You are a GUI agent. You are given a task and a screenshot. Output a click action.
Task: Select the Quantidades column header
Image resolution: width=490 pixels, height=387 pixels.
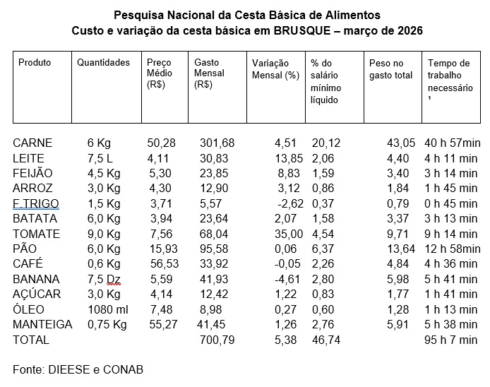click(x=103, y=63)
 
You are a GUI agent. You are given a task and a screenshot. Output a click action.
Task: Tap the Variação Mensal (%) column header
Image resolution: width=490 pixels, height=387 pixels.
click(x=275, y=68)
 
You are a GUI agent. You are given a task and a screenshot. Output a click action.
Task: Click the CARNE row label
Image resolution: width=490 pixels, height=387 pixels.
click(x=32, y=143)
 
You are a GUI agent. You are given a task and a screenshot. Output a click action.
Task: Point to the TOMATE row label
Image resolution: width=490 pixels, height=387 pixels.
click(x=37, y=234)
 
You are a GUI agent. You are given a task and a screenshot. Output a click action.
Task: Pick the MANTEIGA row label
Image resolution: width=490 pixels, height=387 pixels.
click(x=42, y=324)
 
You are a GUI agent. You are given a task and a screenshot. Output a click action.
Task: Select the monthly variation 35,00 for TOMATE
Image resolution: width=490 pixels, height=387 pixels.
click(x=287, y=234)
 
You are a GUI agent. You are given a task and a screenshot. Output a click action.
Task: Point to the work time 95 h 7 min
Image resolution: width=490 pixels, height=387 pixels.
click(x=452, y=340)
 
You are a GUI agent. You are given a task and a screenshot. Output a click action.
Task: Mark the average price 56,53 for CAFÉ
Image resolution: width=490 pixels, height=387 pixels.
click(x=161, y=264)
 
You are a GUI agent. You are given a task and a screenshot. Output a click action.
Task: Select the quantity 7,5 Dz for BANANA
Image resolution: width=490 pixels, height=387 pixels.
click(x=103, y=279)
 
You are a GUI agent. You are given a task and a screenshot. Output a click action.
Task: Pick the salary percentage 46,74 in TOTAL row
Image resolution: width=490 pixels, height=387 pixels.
click(x=326, y=340)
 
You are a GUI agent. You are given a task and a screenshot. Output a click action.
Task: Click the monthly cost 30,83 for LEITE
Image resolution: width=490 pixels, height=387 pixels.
click(x=211, y=158)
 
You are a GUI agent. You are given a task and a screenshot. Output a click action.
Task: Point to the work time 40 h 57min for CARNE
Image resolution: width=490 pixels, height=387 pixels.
click(x=452, y=143)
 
